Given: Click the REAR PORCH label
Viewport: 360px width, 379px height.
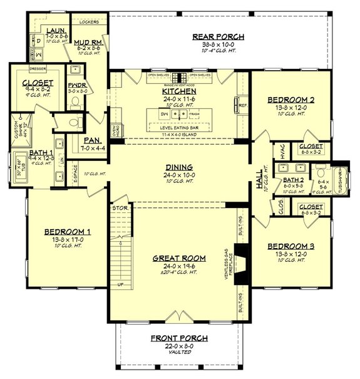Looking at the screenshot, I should tap(218, 37).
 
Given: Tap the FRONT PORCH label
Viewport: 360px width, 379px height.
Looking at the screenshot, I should tap(179, 338).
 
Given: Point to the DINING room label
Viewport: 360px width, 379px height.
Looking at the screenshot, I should tap(180, 167).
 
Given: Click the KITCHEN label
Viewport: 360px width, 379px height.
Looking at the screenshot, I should tap(179, 91).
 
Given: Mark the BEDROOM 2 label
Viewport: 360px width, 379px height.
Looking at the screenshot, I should tap(290, 100).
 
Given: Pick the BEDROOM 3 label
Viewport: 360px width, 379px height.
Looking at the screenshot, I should tap(290, 246).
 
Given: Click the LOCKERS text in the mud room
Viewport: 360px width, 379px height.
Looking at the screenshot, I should tap(90, 21).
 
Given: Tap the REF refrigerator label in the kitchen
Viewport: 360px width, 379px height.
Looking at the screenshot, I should tap(244, 106).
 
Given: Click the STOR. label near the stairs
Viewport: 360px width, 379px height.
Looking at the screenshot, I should tap(120, 207).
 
